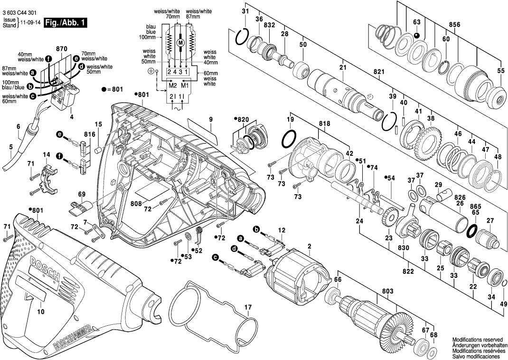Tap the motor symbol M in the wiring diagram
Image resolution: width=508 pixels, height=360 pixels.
point(180,43)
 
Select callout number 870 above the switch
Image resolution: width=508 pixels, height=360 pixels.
point(62,49)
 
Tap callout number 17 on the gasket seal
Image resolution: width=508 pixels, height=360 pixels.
point(247,307)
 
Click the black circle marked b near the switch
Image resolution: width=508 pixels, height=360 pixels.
point(30,87)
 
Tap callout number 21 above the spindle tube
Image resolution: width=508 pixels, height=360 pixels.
point(343,68)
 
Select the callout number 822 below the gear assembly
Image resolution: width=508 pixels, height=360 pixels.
point(408,271)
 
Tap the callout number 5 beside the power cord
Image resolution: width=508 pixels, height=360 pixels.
point(11,147)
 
